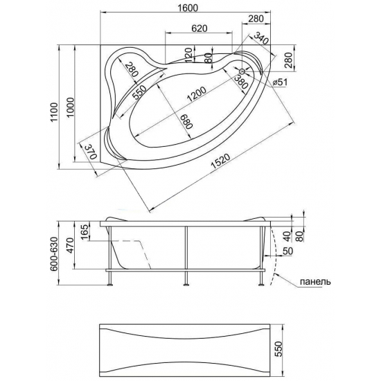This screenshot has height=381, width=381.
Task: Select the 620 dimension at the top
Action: click(200, 28)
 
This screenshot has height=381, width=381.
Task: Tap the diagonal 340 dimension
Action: click(261, 39)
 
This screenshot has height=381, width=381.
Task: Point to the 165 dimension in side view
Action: click(84, 231)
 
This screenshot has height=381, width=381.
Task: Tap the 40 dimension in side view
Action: click(287, 234)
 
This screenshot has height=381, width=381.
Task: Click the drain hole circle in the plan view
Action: click(242, 71)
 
